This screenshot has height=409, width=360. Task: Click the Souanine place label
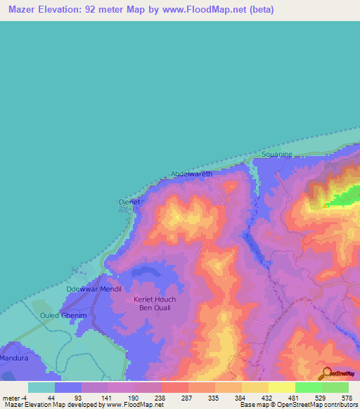click(276, 154)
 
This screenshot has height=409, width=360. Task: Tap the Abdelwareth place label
click(191, 174)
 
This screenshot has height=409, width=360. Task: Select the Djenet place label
click(129, 202)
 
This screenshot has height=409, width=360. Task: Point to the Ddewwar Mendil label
click(94, 289)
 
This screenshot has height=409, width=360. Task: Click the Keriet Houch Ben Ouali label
click(155, 304)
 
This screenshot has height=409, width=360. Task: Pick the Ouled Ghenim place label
click(63, 316)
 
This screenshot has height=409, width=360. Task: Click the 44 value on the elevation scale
click(51, 397)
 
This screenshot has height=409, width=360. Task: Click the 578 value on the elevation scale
click(346, 397)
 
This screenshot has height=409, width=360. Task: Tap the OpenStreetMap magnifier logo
click(327, 373)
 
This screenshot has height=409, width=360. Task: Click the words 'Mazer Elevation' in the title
click(41, 10)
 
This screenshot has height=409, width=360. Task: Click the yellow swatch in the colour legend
click(281, 387)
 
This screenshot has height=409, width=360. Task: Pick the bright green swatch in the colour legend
click(308, 387)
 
